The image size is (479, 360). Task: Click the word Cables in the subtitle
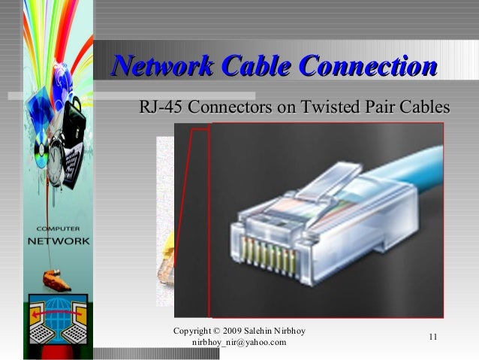point(424,107)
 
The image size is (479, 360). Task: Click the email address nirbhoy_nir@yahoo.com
point(239,343)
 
